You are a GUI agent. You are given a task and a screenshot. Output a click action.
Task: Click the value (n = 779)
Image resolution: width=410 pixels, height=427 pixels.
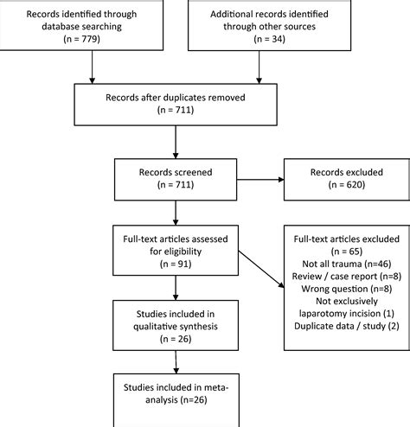pos(81,39)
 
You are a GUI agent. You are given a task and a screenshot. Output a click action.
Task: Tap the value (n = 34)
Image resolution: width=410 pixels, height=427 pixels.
pos(269,39)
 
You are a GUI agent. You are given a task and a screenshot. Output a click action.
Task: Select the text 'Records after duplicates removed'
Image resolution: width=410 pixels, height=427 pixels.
pos(176,98)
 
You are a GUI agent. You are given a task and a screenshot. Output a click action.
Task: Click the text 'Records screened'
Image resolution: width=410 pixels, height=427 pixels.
pos(176,172)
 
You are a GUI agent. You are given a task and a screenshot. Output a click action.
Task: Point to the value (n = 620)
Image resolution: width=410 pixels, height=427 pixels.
pos(347,185)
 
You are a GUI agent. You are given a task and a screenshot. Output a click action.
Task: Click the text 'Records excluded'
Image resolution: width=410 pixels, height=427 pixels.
pos(347,172)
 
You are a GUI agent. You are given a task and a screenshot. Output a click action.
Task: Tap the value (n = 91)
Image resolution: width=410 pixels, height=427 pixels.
pos(176,264)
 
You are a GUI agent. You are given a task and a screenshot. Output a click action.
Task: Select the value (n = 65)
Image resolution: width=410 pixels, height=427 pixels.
pos(347,252)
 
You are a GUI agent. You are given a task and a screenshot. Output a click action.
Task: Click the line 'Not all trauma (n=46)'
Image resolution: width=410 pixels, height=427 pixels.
pos(347,264)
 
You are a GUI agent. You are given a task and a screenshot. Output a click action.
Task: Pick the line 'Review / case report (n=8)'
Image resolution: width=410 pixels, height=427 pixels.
pos(347,277)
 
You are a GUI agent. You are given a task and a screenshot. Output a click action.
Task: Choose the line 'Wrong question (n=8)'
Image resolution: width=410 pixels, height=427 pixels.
pos(347,289)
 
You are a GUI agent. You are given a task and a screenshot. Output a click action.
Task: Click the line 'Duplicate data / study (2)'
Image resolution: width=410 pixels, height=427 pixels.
pos(347,326)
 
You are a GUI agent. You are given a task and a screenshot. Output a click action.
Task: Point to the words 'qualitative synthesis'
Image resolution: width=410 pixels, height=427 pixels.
pos(176,327)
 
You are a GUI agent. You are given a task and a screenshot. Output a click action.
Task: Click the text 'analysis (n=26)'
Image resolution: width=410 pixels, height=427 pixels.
pos(176,400)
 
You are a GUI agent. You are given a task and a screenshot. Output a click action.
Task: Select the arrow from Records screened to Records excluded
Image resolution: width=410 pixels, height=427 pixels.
pos(260,180)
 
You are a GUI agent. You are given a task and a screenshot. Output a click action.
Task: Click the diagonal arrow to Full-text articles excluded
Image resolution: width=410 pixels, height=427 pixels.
pos(261,269)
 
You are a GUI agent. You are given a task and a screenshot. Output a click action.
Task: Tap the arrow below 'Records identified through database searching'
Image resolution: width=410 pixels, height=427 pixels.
pos(92,67)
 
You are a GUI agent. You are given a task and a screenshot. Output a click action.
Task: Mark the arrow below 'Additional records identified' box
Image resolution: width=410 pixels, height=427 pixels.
pos(259,67)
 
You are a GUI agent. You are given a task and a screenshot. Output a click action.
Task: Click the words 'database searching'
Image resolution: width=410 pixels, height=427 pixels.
pos(81,27)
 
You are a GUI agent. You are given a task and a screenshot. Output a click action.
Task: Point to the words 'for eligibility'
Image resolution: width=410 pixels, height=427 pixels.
pos(176,252)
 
